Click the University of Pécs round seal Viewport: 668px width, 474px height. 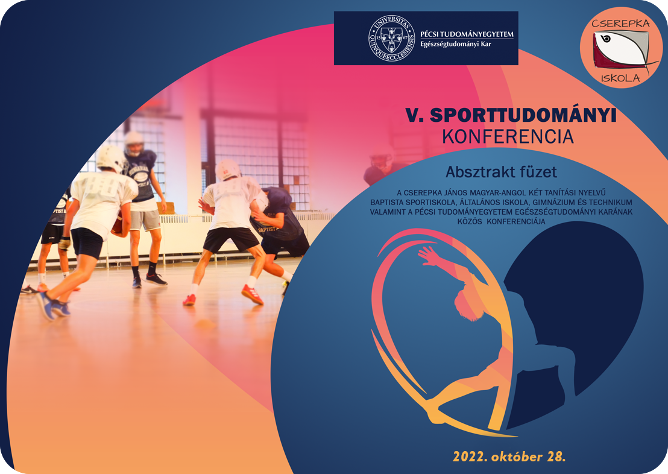[391, 39]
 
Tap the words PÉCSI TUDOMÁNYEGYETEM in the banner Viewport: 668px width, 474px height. [467, 34]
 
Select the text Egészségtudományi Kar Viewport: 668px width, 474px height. [455, 44]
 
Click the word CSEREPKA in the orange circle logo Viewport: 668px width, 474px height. [621, 24]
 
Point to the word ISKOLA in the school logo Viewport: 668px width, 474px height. [620, 78]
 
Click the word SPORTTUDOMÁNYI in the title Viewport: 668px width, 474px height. [523, 115]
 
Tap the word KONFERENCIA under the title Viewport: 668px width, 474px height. [508, 137]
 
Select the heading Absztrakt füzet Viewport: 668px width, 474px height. [501, 172]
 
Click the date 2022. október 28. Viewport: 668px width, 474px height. [509, 457]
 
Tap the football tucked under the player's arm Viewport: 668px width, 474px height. [118, 224]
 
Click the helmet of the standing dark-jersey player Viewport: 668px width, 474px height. [134, 142]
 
